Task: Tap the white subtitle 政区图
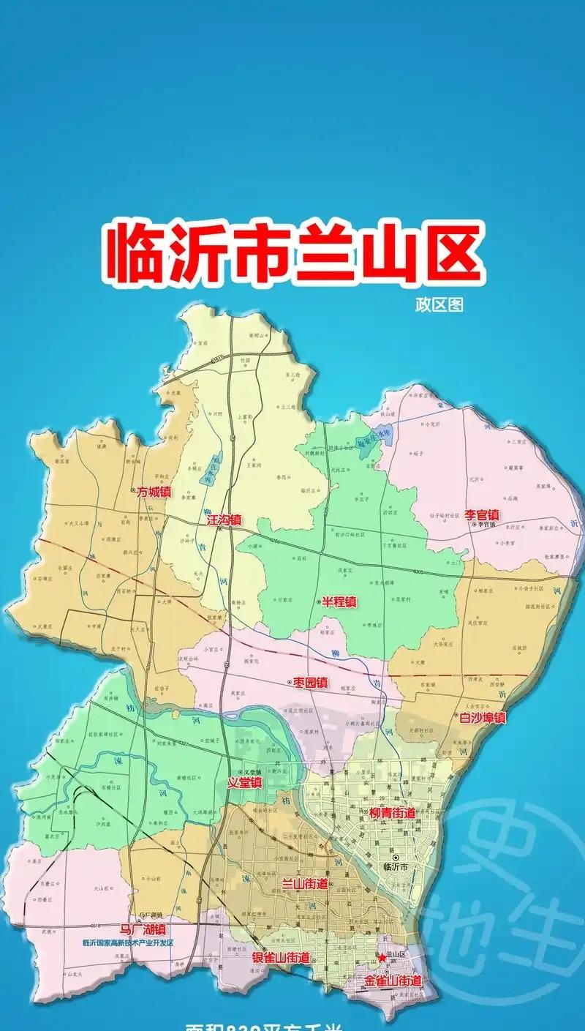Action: (x=439, y=304)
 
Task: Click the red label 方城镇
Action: (x=154, y=492)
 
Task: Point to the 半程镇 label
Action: (x=339, y=602)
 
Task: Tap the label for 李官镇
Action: (x=483, y=514)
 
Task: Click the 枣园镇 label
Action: (x=311, y=683)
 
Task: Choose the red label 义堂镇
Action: (x=244, y=782)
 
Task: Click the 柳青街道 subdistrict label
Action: (x=392, y=813)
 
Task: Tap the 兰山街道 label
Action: (x=306, y=884)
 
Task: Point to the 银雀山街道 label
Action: (x=281, y=958)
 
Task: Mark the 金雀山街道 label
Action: (x=393, y=981)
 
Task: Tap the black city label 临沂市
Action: (x=398, y=866)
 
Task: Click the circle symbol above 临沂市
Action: (x=396, y=857)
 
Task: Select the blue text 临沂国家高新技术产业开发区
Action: (x=129, y=942)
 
